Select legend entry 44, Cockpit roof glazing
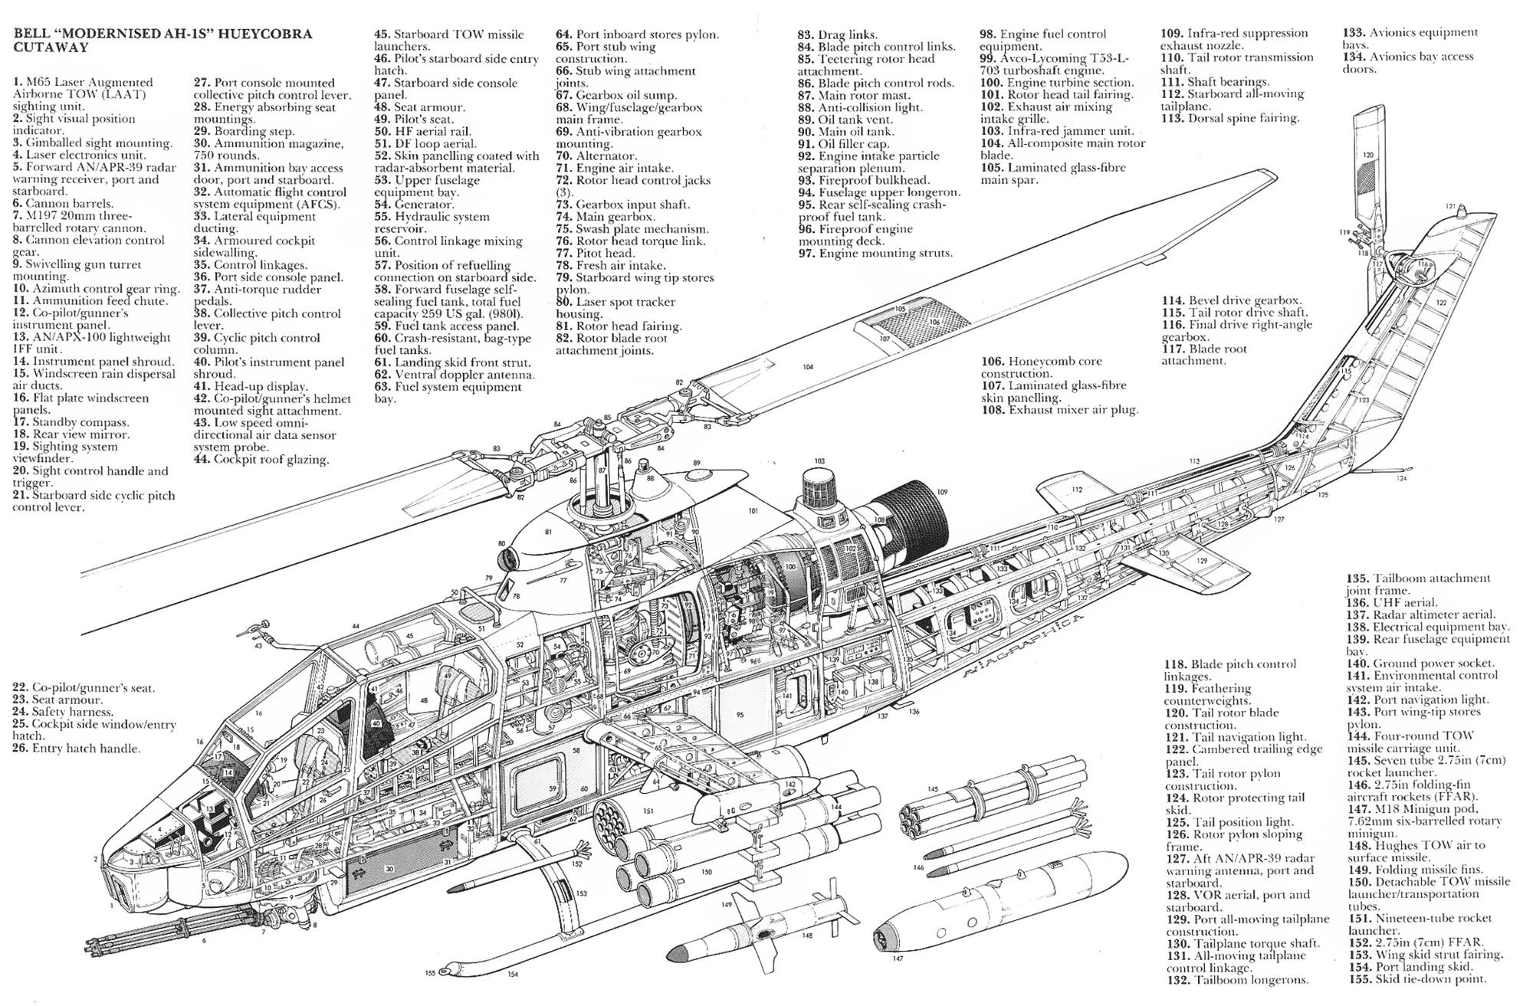(261, 460)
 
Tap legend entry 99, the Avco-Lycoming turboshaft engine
(1042, 64)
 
